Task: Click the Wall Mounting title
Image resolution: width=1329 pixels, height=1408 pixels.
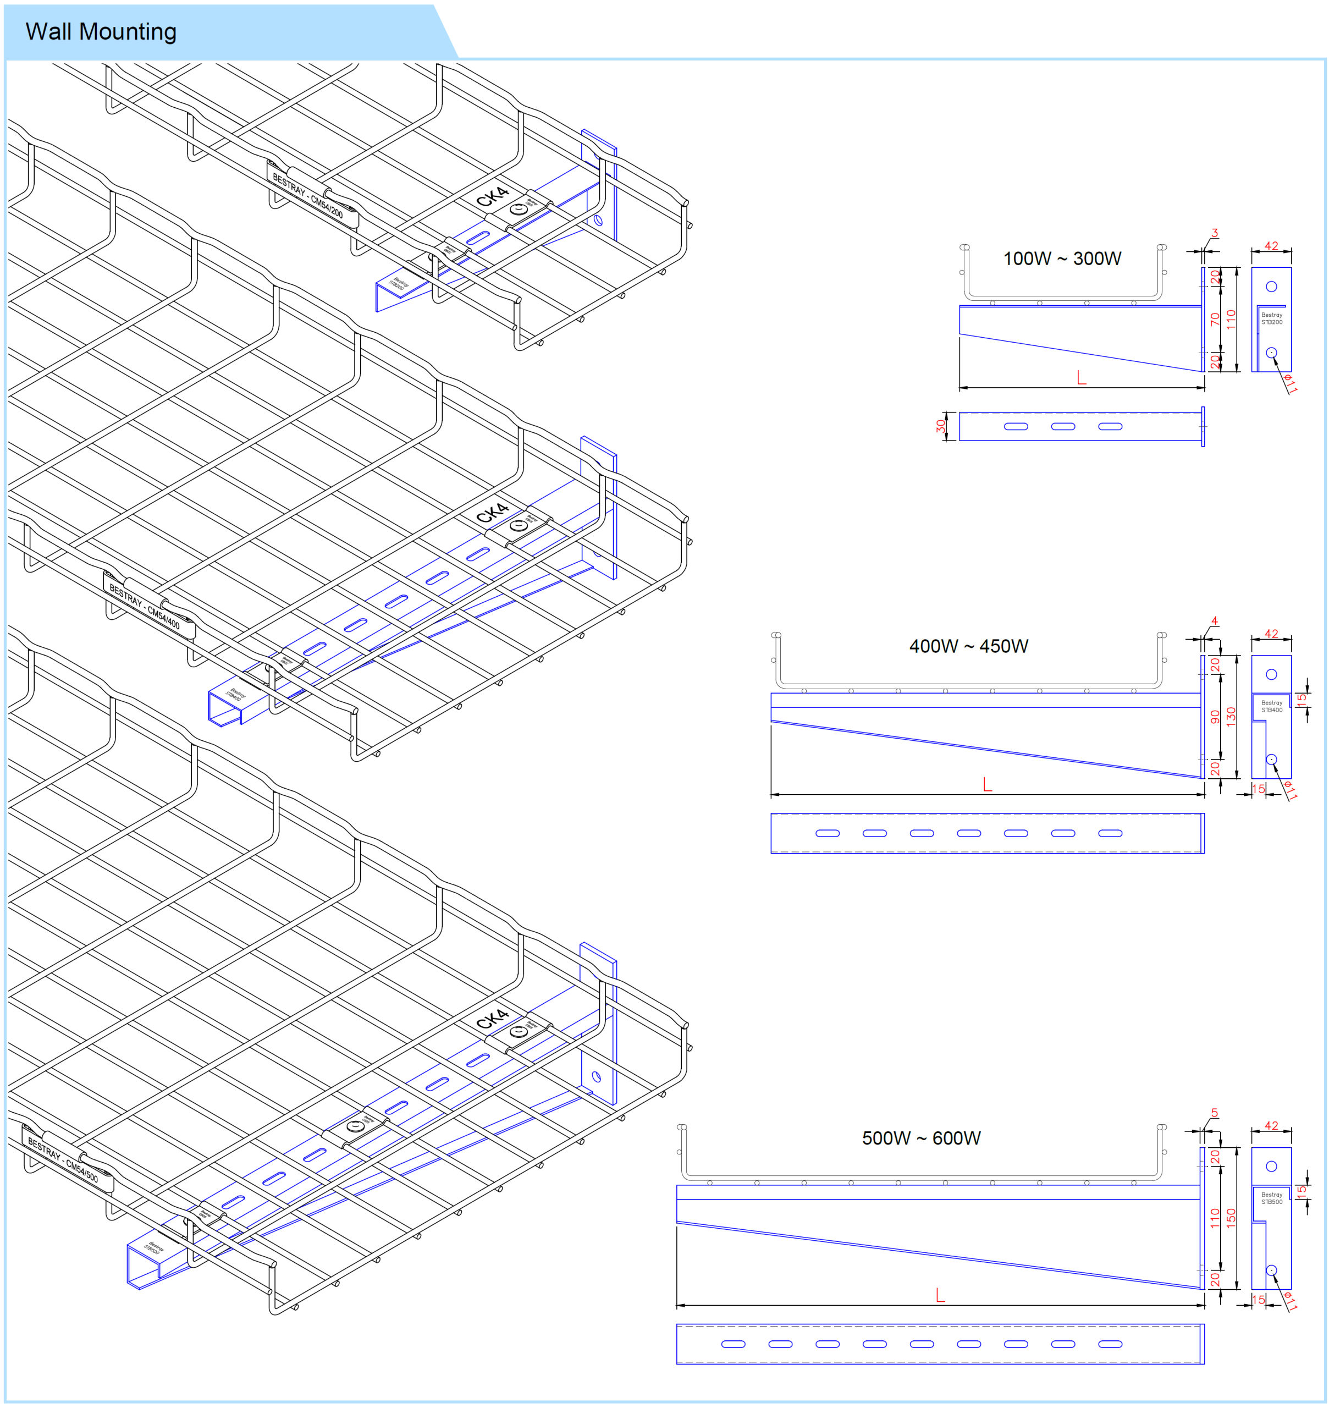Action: tap(101, 32)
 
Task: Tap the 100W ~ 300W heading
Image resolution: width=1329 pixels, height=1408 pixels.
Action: tap(1061, 258)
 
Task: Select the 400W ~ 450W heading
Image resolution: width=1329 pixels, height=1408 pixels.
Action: tap(968, 646)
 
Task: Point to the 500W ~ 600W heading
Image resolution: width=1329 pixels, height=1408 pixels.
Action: tap(920, 1138)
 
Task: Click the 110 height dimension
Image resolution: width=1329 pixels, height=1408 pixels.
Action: tap(1231, 319)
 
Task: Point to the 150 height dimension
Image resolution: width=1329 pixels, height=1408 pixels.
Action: tap(1231, 1217)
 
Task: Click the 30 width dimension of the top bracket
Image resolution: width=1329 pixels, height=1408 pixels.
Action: tap(940, 426)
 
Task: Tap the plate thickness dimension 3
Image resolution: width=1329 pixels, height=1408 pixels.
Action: tap(1214, 233)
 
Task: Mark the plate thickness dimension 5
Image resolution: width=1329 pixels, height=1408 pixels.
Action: tap(1214, 1113)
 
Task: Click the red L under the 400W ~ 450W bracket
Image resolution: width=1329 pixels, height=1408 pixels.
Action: tap(987, 784)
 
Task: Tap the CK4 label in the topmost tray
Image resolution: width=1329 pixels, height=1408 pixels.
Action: tap(492, 196)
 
